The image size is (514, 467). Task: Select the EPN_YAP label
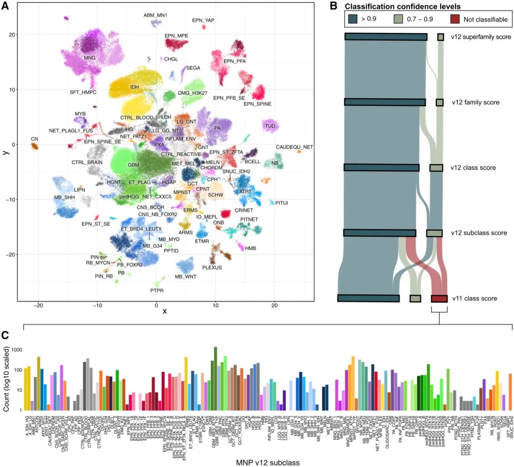tap(204, 20)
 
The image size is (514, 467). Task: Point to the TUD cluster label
tap(270, 126)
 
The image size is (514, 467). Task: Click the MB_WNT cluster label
tap(185, 277)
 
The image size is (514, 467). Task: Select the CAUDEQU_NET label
tap(295, 147)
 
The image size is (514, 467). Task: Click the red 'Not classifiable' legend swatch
tap(459, 19)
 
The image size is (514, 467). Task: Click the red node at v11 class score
tap(439, 299)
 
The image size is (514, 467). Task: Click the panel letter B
tap(333, 6)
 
